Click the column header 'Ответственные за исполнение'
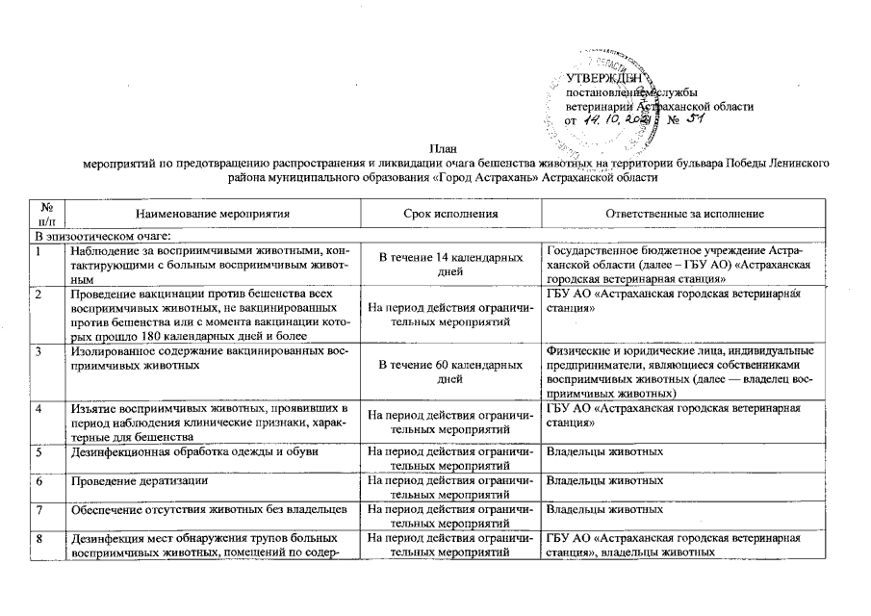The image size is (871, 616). pos(684,213)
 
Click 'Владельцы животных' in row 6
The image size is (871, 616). pos(603,479)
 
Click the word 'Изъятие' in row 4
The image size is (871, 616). pos(93,409)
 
